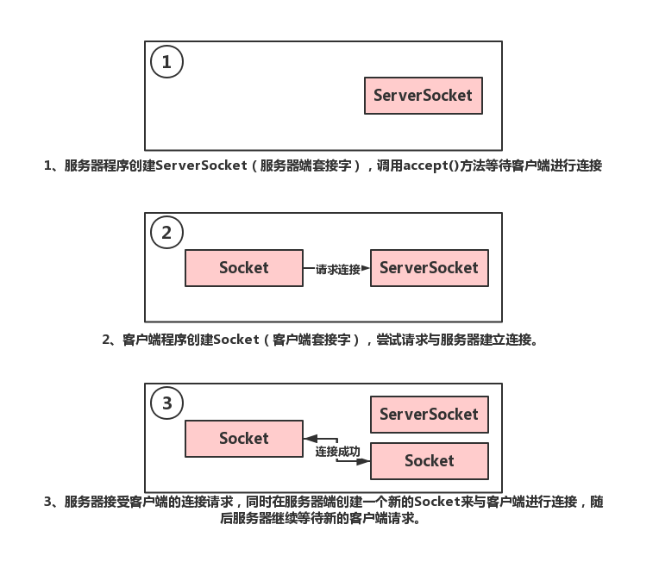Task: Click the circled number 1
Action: click(166, 62)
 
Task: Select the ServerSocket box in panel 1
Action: click(423, 96)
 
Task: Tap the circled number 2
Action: click(166, 233)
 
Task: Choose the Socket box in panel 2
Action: click(244, 268)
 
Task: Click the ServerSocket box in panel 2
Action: click(429, 268)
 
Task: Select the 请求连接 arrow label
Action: click(337, 269)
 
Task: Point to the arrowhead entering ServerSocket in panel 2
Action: click(366, 269)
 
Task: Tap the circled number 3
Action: click(166, 403)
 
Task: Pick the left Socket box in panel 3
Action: click(244, 439)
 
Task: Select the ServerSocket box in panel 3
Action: click(429, 415)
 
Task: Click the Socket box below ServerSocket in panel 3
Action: click(429, 461)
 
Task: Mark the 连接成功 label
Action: click(337, 452)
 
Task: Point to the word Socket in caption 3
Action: click(437, 502)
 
